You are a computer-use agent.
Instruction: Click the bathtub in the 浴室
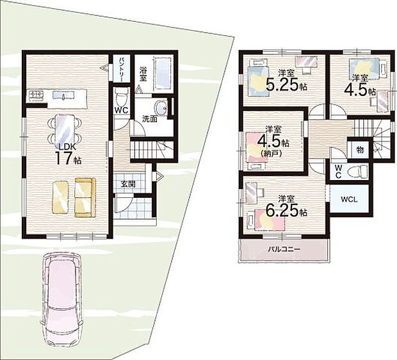pos(162,73)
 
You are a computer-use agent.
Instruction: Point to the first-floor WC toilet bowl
pos(122,97)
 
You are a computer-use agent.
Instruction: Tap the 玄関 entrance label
pos(128,184)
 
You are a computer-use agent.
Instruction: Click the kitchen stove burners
pos(36,95)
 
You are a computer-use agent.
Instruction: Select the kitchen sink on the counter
pos(63,95)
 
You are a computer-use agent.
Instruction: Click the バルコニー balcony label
pos(284,249)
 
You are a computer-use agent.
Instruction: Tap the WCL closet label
pos(349,199)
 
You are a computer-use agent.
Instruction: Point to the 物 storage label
pos(360,151)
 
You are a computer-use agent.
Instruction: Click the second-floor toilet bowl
pos(358,172)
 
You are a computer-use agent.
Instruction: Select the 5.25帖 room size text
pos(286,85)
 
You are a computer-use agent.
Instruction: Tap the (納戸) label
pos(270,153)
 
